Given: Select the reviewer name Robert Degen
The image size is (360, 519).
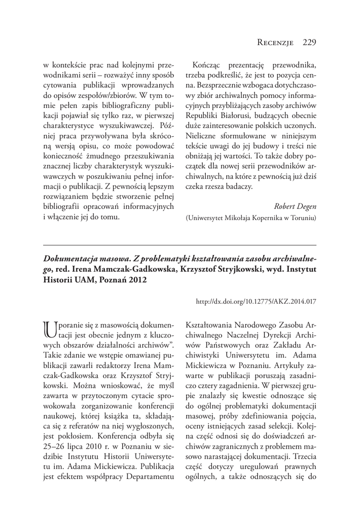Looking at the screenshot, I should (x=295, y=206).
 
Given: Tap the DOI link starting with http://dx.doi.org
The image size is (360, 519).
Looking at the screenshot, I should (x=256, y=301).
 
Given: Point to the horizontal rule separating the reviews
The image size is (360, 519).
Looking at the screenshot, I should (x=179, y=245).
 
